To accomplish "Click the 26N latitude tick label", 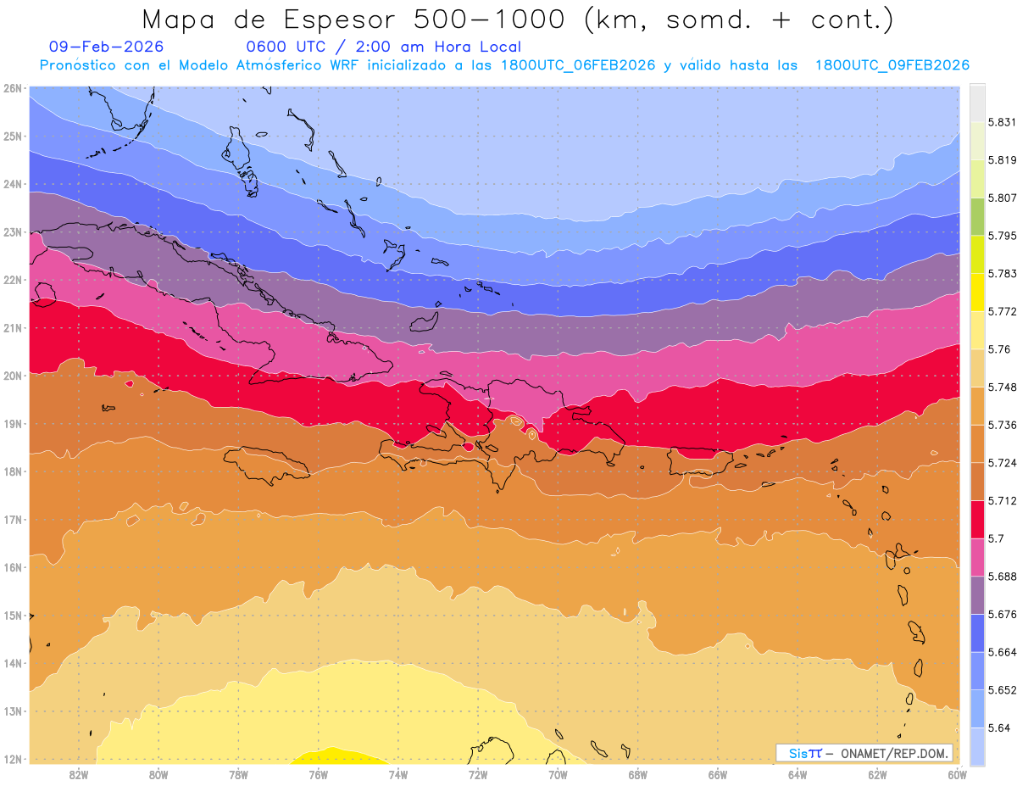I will [x=12, y=87].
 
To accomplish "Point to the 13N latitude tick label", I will [x=12, y=711].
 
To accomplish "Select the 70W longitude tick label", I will [x=558, y=774].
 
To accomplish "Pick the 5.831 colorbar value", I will [x=1001, y=122].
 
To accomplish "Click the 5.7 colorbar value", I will [x=997, y=538].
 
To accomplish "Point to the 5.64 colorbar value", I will [x=998, y=727].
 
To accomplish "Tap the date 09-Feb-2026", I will [x=106, y=47].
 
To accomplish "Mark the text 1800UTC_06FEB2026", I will [x=579, y=65].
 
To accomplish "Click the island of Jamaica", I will [x=266, y=464].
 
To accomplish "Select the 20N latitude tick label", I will [x=12, y=375].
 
